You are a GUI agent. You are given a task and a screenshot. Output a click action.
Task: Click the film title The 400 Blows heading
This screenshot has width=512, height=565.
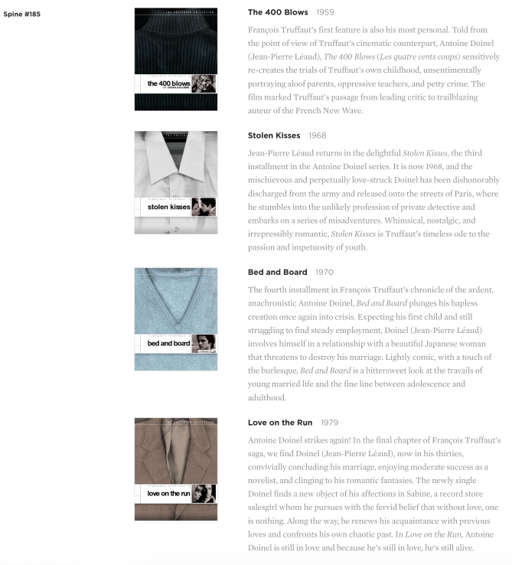278,12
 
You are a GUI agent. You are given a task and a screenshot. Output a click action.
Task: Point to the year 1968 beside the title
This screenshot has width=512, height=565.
318,136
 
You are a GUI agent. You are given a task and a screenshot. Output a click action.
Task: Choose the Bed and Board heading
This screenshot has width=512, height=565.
277,272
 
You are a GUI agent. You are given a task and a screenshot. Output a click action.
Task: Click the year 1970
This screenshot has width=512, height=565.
324,272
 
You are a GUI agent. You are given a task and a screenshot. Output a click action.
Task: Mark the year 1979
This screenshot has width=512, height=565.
329,423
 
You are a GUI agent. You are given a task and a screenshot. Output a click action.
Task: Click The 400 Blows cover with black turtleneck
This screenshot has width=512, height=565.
175,46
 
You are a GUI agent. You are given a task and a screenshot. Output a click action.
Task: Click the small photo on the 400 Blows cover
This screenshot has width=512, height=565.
203,83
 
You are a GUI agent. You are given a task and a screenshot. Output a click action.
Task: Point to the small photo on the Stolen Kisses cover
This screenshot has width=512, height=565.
203,207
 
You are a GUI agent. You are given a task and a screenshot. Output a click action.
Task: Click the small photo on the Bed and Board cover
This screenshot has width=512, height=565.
203,343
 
